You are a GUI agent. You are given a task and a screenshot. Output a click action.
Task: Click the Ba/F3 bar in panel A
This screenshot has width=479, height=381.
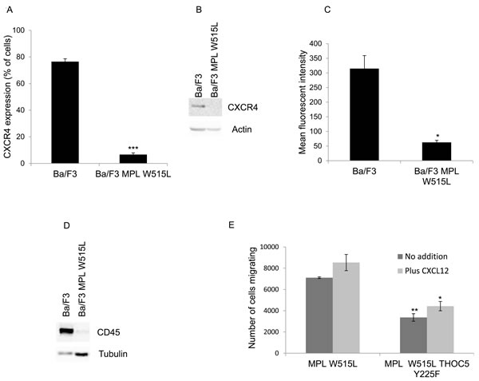pos(65,113)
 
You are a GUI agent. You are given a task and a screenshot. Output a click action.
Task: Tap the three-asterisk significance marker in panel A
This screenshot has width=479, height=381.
pos(133,149)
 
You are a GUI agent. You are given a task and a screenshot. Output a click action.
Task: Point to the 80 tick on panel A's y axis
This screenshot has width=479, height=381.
pos(21,58)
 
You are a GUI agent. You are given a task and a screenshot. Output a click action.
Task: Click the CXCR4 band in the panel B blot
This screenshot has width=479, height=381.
pos(197,106)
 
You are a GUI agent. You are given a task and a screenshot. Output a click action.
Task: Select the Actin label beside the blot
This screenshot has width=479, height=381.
pos(242,129)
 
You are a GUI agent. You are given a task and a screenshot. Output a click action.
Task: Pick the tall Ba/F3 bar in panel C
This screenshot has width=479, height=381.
pos(365,114)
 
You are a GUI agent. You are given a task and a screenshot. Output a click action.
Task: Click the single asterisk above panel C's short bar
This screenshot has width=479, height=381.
pos(437,136)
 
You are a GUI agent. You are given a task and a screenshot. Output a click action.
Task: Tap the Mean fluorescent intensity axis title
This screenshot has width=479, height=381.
pos(303,102)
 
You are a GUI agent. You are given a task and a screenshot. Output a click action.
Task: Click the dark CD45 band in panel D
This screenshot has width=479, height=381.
pos(66,331)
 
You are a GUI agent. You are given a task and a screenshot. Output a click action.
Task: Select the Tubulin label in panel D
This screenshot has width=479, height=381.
pos(113,354)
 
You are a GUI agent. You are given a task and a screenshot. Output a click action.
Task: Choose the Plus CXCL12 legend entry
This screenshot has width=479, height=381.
pos(423,271)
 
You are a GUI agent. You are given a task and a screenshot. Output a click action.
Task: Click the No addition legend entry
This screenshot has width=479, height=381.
pos(422,256)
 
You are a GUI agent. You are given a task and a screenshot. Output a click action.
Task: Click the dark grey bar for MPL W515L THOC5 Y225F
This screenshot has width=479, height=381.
pos(414,335)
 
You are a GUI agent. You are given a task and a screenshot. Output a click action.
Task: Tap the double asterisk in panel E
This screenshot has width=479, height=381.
pos(414,310)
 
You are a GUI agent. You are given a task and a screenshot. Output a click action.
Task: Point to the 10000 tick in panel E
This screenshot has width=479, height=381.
pos(271,247)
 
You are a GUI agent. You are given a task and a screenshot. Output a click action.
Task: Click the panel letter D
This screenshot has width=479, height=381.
pos(66,225)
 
